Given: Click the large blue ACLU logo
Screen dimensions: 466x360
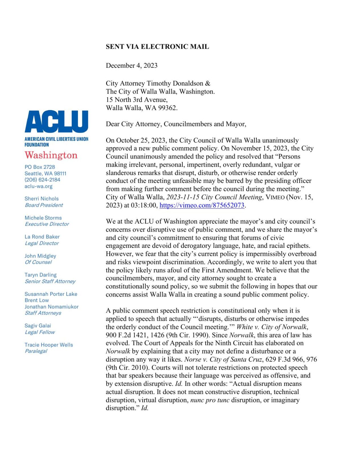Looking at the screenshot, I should point(56,121).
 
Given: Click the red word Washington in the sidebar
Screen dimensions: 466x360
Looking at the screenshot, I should point(51,155).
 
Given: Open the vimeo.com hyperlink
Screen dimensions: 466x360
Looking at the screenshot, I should point(202,205).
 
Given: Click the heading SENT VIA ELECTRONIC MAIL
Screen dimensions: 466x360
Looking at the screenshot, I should point(157,47).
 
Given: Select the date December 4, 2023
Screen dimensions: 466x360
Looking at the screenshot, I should point(131,65).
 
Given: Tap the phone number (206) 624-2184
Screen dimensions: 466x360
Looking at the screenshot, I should point(42,180).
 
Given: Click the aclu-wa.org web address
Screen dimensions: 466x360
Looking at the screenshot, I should point(38,186).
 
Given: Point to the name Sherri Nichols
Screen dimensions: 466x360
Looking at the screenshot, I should point(42,199).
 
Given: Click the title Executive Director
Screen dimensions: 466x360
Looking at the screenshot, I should point(47,224).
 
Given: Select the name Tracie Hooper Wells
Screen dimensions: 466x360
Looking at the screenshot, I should point(49,345).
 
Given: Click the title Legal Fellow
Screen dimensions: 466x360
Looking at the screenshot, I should point(40,332).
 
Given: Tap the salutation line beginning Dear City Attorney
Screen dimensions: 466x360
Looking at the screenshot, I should point(176,124).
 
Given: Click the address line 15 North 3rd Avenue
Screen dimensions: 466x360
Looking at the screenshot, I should point(137,100).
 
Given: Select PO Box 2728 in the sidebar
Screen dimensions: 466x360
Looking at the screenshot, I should point(40,167).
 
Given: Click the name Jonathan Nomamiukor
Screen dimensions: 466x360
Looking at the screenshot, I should point(52,307).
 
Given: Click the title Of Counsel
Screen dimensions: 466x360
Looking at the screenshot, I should point(38,262).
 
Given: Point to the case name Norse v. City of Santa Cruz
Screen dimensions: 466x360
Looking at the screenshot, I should point(223,360).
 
